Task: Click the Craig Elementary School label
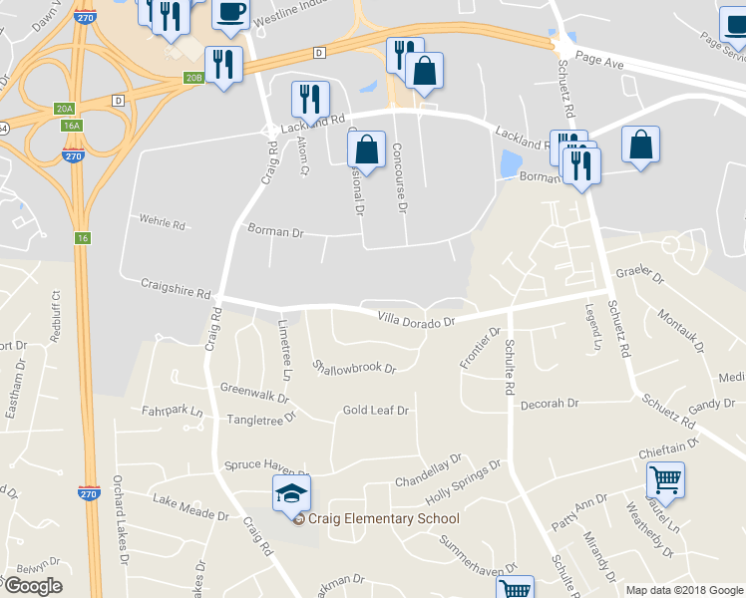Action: (x=383, y=518)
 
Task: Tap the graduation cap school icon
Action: (x=291, y=493)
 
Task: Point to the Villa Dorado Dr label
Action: (x=416, y=320)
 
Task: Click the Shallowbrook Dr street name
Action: (x=355, y=367)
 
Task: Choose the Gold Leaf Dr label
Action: (x=376, y=410)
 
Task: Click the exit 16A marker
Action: (x=71, y=126)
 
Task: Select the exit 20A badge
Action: (x=65, y=108)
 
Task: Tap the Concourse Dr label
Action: (x=400, y=176)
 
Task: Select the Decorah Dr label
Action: (x=550, y=404)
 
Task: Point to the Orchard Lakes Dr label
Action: (x=122, y=528)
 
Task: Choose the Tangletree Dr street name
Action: (x=262, y=420)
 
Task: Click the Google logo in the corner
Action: (x=34, y=585)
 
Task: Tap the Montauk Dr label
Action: (x=681, y=331)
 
